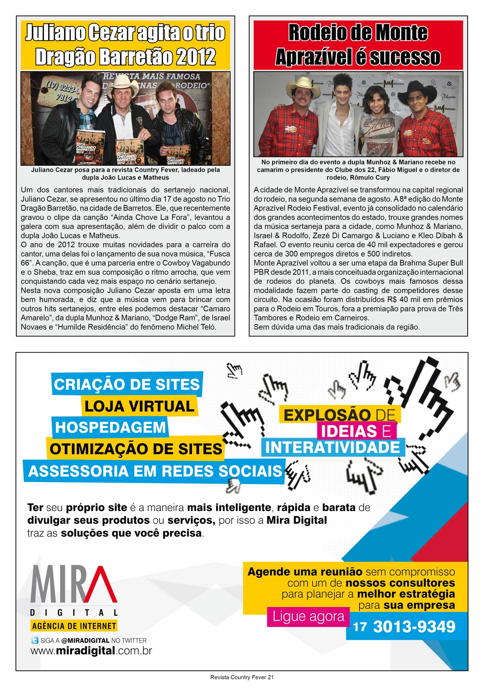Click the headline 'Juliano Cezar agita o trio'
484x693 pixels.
(125, 33)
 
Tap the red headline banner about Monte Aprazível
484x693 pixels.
(358, 45)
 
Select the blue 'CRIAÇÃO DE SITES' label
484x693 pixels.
(127, 384)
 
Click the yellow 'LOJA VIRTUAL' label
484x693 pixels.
(139, 406)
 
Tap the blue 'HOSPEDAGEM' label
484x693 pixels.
(110, 427)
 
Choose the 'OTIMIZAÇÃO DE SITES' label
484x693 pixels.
(136, 449)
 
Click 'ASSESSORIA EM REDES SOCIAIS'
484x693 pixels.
(155, 471)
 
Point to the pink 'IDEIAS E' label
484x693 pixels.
(356, 431)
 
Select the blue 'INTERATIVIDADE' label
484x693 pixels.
(332, 447)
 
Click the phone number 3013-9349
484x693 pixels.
(414, 627)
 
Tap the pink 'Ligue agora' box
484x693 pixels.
(308, 617)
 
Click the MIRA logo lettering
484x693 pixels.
(74, 584)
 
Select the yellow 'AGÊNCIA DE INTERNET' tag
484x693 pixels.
(74, 626)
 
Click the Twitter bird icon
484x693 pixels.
(35, 640)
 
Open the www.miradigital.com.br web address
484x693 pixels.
(91, 651)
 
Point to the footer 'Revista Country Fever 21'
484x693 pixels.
(242, 677)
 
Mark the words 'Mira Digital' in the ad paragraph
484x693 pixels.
(296, 520)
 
